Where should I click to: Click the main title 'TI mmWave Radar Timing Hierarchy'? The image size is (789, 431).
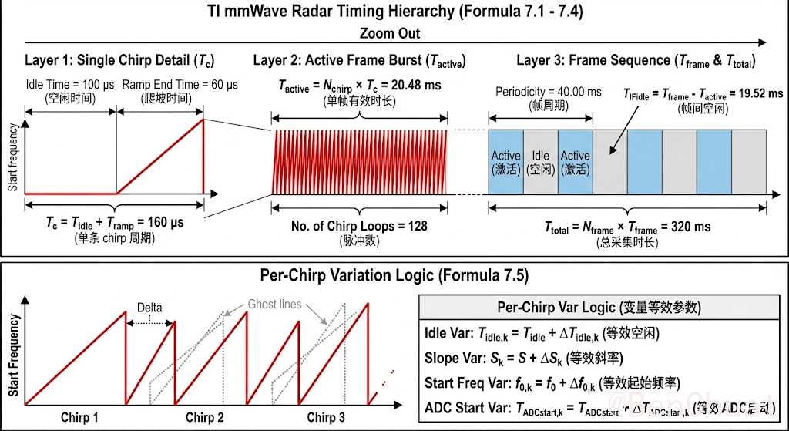(394, 12)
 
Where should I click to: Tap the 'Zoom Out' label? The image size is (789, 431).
(390, 33)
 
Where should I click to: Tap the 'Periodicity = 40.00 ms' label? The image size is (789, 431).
(549, 92)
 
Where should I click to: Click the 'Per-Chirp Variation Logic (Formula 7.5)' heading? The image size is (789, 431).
(394, 274)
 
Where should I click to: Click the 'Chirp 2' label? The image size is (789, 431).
(205, 417)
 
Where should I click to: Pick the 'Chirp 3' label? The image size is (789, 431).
(326, 417)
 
